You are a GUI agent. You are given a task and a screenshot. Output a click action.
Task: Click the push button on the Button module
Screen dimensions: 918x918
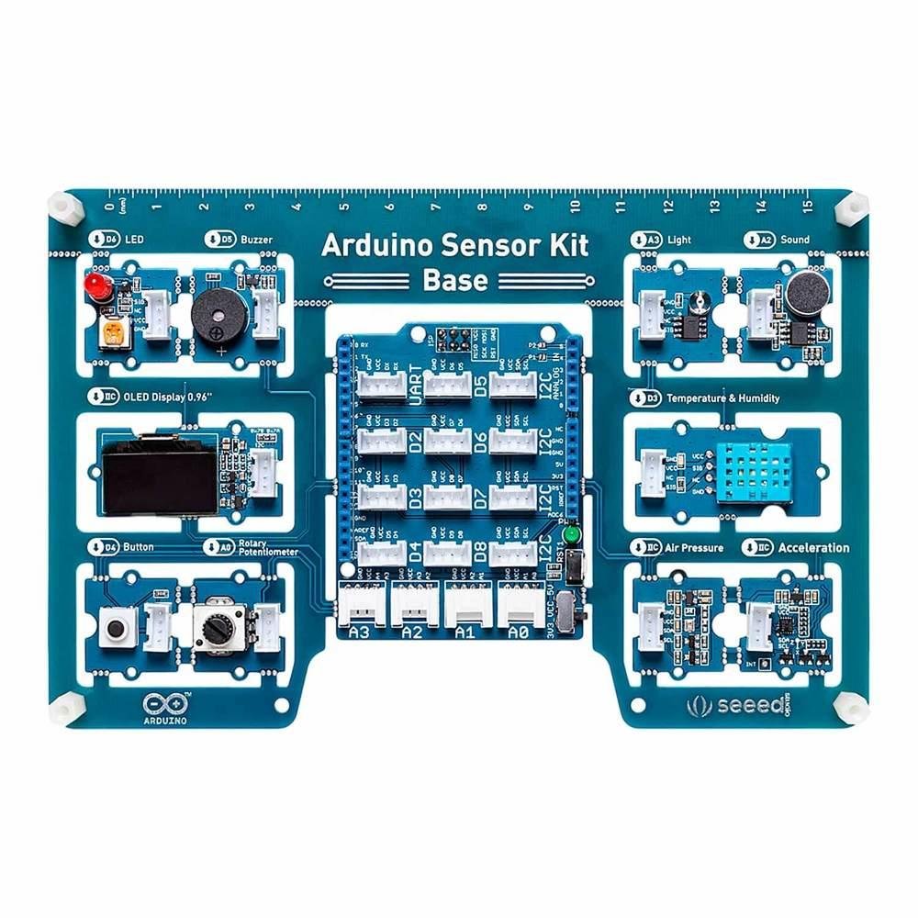coord(117,629)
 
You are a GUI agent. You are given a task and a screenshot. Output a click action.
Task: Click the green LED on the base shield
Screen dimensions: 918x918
coord(573,535)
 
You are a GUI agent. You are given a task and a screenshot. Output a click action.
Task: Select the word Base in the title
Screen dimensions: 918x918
coord(455,281)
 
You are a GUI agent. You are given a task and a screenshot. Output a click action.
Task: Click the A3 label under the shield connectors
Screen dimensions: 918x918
coord(360,633)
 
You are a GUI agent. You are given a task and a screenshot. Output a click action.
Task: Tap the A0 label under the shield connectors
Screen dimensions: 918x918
coord(520,633)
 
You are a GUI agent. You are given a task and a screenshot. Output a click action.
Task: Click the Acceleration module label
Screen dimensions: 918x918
coord(813,548)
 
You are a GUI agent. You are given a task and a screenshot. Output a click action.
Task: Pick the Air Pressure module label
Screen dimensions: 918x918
coord(694,548)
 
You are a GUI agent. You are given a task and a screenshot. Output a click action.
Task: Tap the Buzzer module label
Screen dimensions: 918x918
coord(256,240)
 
